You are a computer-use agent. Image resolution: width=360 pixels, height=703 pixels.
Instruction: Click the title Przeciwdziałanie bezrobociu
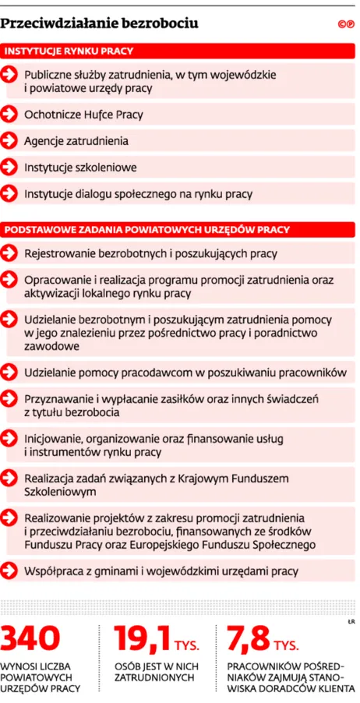(99, 24)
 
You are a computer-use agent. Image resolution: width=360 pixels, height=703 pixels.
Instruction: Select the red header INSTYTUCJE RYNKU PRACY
(70, 51)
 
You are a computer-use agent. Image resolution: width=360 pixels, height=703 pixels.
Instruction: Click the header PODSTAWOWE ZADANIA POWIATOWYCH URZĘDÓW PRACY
(148, 229)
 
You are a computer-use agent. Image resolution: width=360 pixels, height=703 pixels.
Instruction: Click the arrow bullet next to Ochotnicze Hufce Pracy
(9, 115)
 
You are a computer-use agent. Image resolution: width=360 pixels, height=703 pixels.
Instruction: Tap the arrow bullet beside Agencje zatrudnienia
(9, 141)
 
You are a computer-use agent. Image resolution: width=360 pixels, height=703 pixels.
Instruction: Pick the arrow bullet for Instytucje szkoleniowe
(9, 168)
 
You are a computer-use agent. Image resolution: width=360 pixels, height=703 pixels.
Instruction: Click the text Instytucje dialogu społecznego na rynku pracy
(138, 194)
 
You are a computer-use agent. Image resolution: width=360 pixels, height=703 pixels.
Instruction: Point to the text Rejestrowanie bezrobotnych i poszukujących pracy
(150, 253)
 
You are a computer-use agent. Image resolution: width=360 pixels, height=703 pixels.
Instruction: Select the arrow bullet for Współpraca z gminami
(9, 571)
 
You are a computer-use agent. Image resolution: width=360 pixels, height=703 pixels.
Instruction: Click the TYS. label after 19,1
(187, 645)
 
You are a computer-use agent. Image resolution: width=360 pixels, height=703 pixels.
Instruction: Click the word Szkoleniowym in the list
(61, 492)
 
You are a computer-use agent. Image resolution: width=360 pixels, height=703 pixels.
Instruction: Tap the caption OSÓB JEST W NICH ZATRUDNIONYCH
(156, 673)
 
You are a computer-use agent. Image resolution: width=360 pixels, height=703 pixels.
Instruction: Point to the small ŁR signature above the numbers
(350, 620)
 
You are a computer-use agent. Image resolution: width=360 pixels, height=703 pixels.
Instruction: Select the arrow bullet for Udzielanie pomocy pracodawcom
(9, 372)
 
